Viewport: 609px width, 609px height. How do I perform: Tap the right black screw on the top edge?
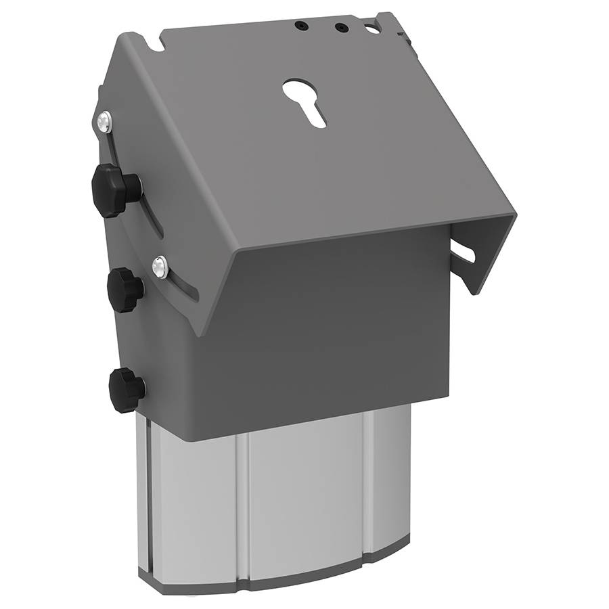(342, 28)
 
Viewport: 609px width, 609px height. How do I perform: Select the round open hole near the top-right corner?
(371, 29)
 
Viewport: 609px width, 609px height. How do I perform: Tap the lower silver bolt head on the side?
(160, 268)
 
